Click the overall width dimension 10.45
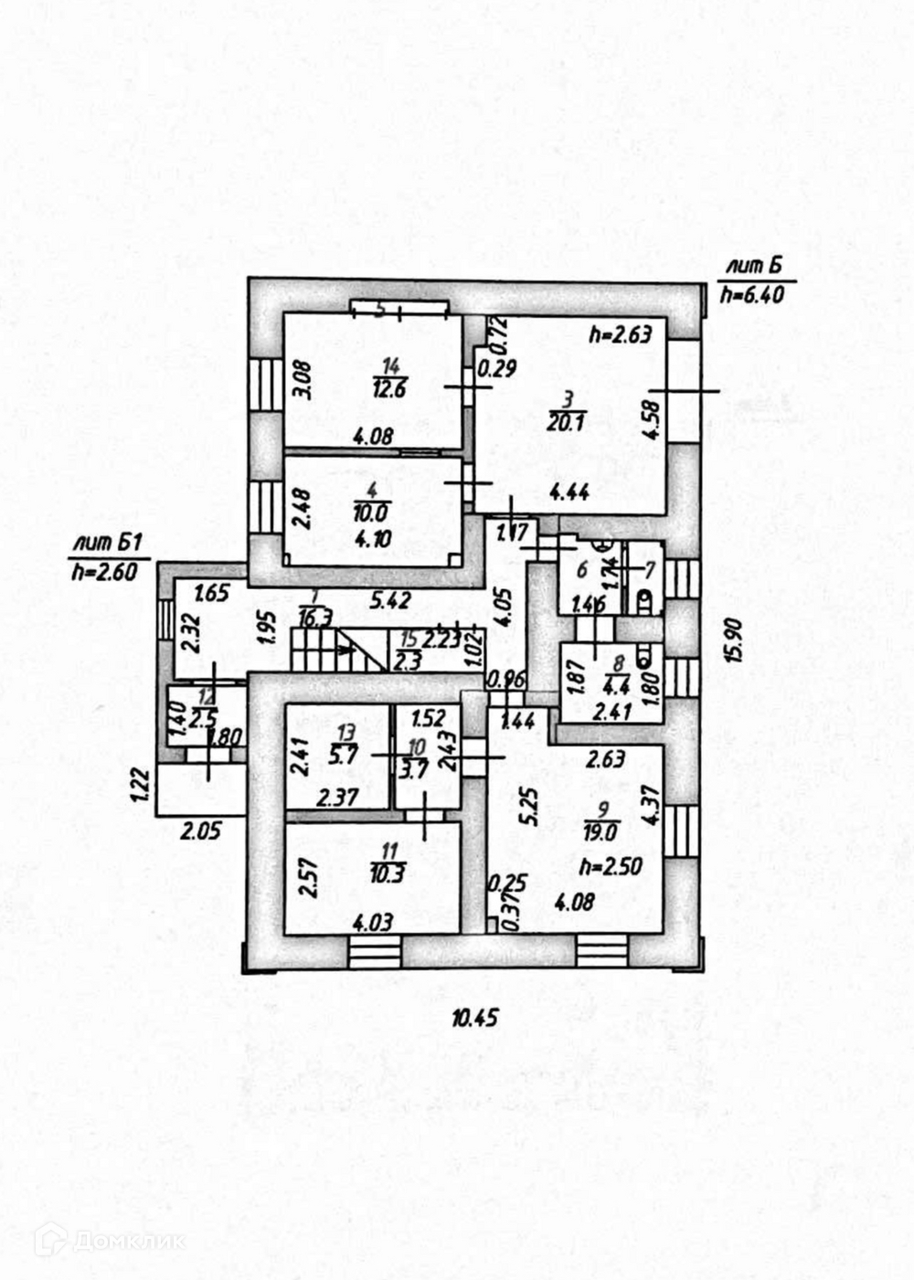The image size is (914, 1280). click(x=473, y=1018)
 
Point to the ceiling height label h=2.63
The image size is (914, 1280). click(x=620, y=334)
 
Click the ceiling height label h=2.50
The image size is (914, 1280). click(x=610, y=865)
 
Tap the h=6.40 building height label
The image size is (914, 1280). click(x=752, y=294)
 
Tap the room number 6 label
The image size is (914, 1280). click(x=579, y=569)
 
